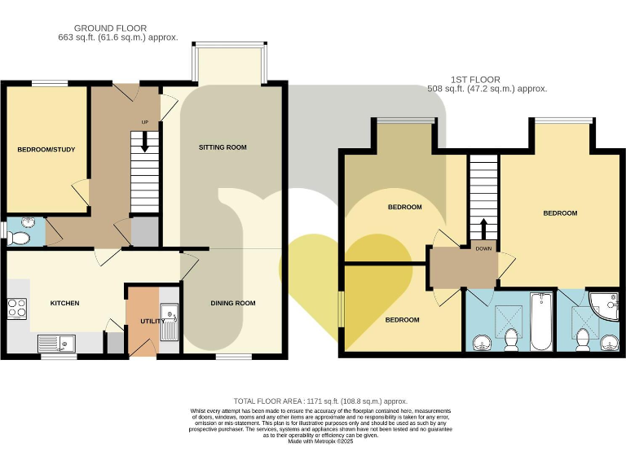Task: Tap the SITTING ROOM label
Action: (223, 147)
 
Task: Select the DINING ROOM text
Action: (233, 303)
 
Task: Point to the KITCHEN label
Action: (65, 303)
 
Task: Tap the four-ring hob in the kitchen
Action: (17, 309)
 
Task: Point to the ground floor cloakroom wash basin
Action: (28, 221)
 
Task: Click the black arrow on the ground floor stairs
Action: (145, 142)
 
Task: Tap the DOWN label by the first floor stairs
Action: (483, 250)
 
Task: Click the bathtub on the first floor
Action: (541, 321)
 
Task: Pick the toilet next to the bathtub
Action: (512, 340)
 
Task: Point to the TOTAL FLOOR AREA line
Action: (320, 401)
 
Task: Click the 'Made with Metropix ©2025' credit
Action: (320, 441)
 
